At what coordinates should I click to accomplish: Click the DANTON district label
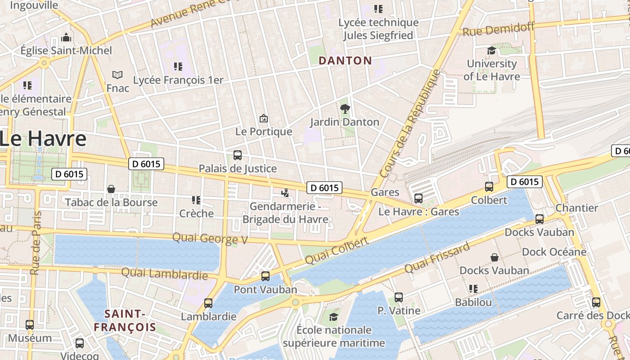click(x=345, y=61)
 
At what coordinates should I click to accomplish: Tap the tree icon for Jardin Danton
click(x=345, y=108)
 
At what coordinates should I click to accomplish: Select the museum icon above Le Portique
click(x=264, y=118)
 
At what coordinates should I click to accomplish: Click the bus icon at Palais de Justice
click(x=238, y=155)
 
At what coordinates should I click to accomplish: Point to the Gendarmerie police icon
click(x=284, y=193)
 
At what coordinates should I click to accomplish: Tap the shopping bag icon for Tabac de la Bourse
click(x=111, y=189)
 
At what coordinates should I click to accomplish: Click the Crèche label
click(x=196, y=213)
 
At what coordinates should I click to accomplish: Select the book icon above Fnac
click(x=117, y=75)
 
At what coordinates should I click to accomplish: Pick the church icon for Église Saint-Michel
click(x=66, y=37)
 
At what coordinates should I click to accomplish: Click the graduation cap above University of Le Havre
click(x=491, y=51)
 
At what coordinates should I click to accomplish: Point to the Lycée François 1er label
click(x=178, y=80)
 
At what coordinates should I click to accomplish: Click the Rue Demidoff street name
click(x=499, y=29)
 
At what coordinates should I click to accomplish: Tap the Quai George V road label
click(x=210, y=238)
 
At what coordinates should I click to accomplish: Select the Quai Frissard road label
click(x=437, y=257)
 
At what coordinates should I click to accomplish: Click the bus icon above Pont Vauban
click(x=265, y=276)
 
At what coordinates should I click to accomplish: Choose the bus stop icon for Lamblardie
click(x=208, y=303)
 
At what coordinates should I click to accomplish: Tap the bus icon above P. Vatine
click(x=399, y=297)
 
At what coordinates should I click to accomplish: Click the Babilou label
click(x=473, y=302)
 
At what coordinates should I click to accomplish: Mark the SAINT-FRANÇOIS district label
click(x=125, y=320)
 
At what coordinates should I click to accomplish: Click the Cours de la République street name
click(x=410, y=123)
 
